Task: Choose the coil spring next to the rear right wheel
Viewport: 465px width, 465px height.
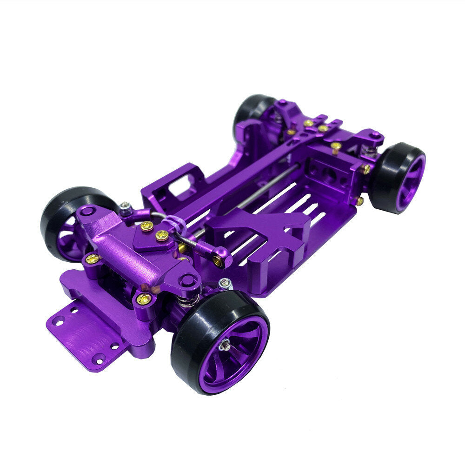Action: click(370, 152)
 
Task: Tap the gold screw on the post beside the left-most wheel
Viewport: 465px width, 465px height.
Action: click(92, 258)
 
